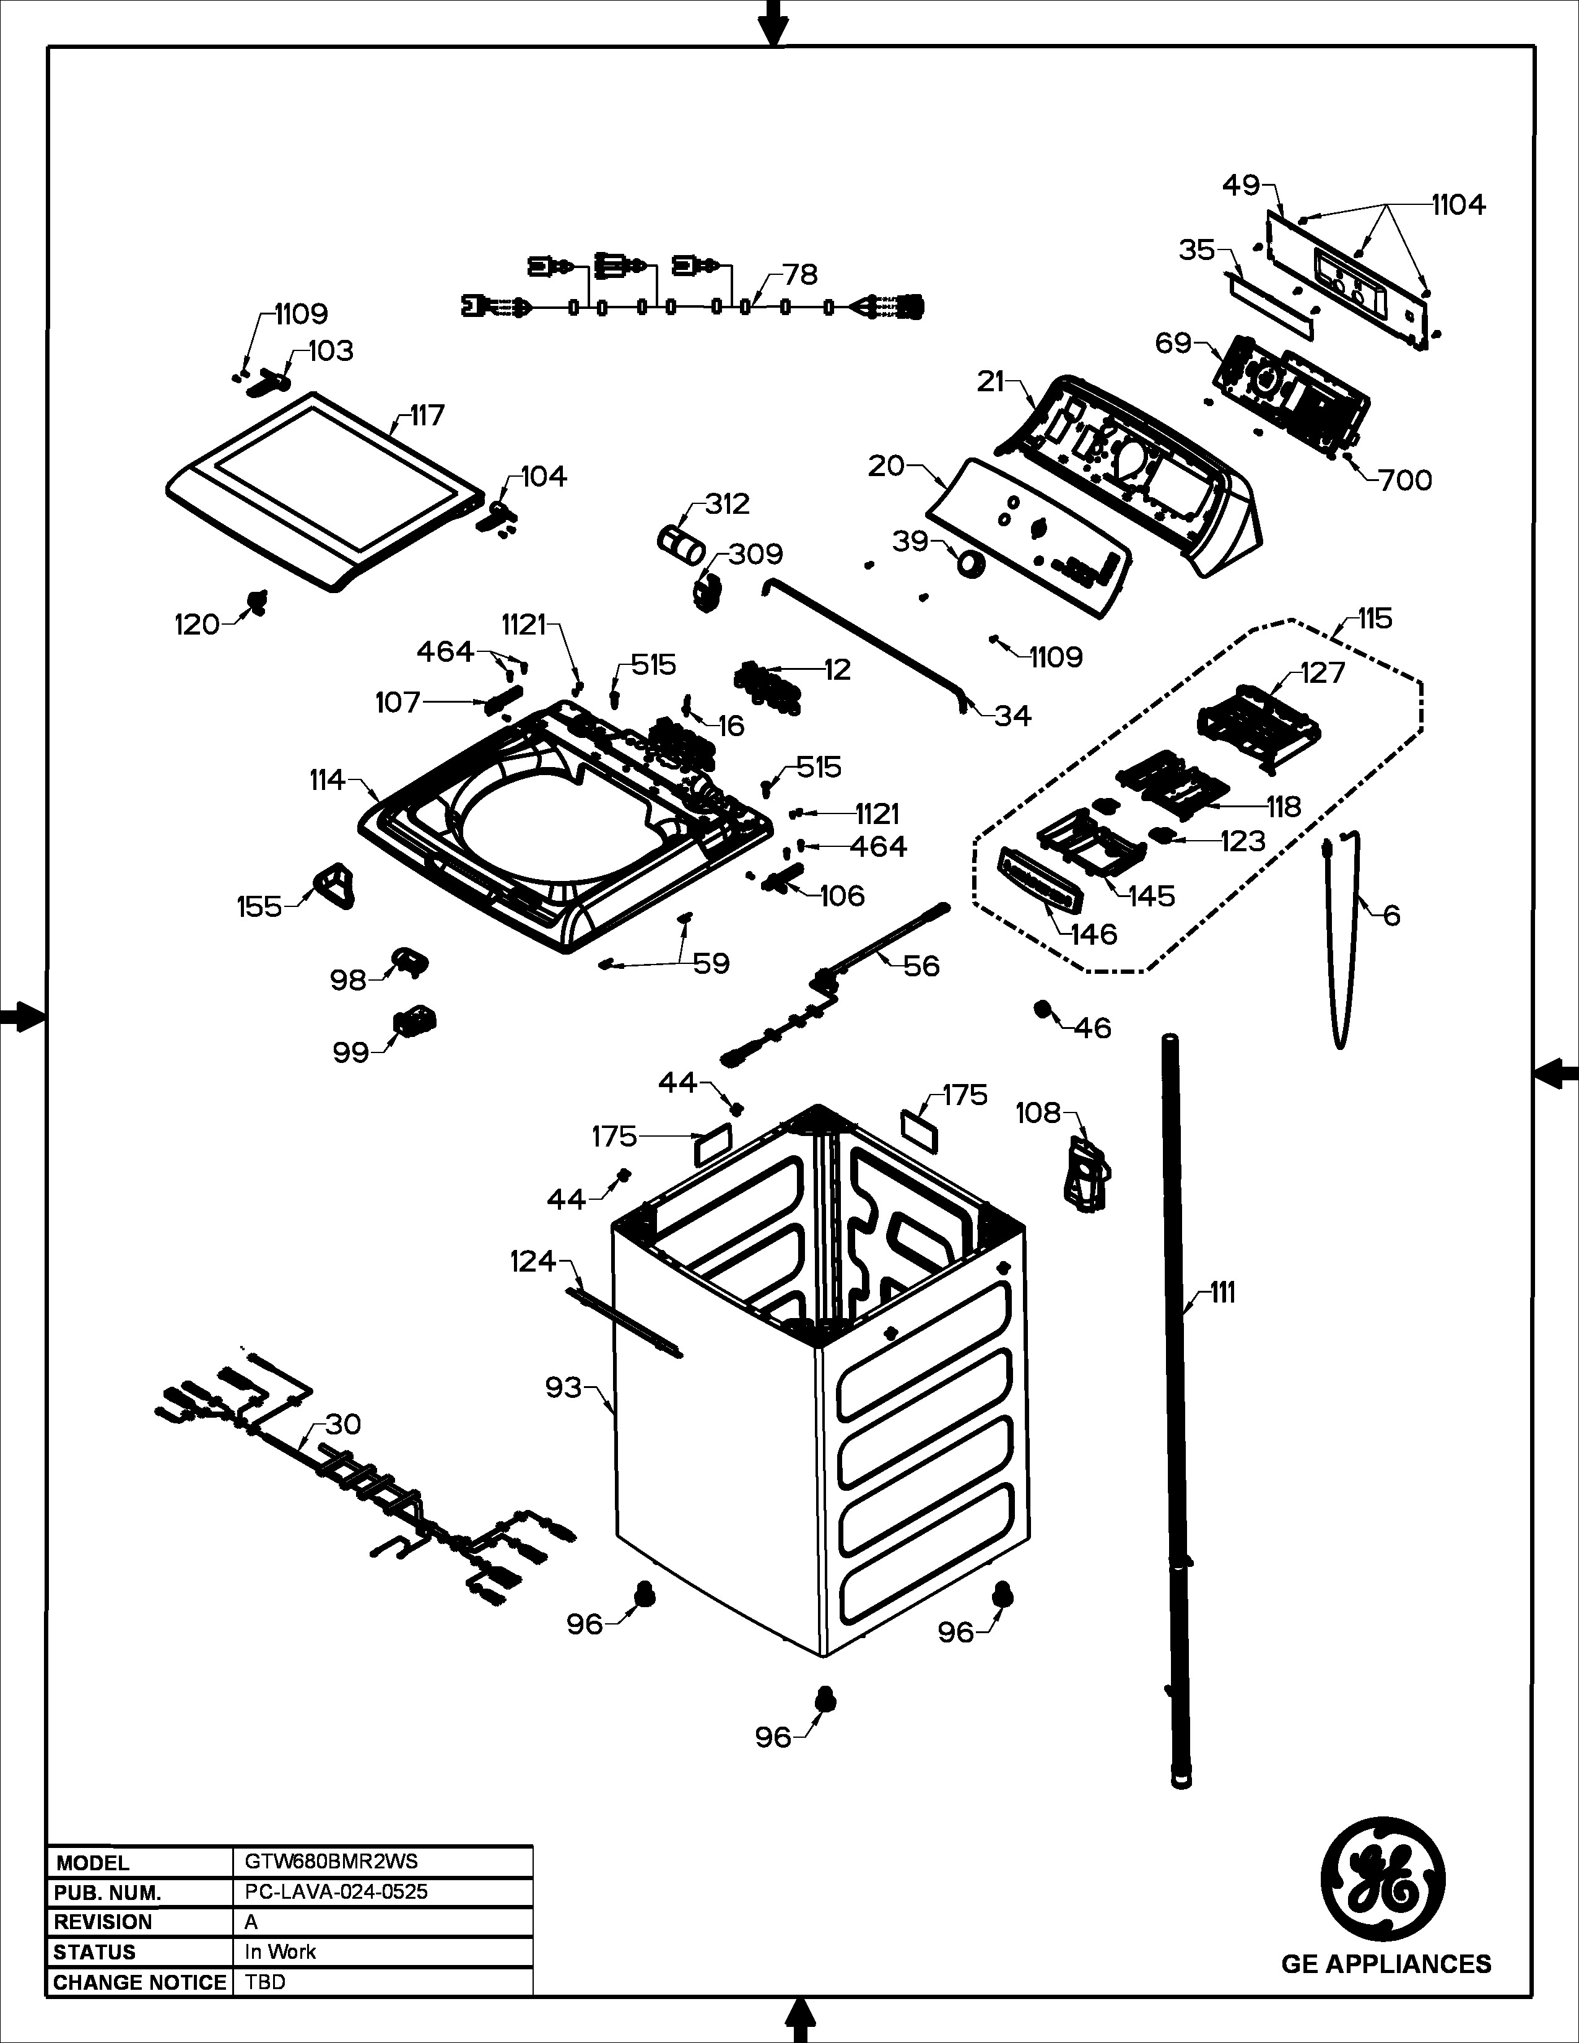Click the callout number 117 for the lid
click(427, 415)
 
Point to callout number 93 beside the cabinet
click(564, 1388)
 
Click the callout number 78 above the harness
click(800, 274)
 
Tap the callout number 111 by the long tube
click(1222, 1293)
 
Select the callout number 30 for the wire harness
click(342, 1424)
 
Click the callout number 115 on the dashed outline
click(1375, 618)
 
